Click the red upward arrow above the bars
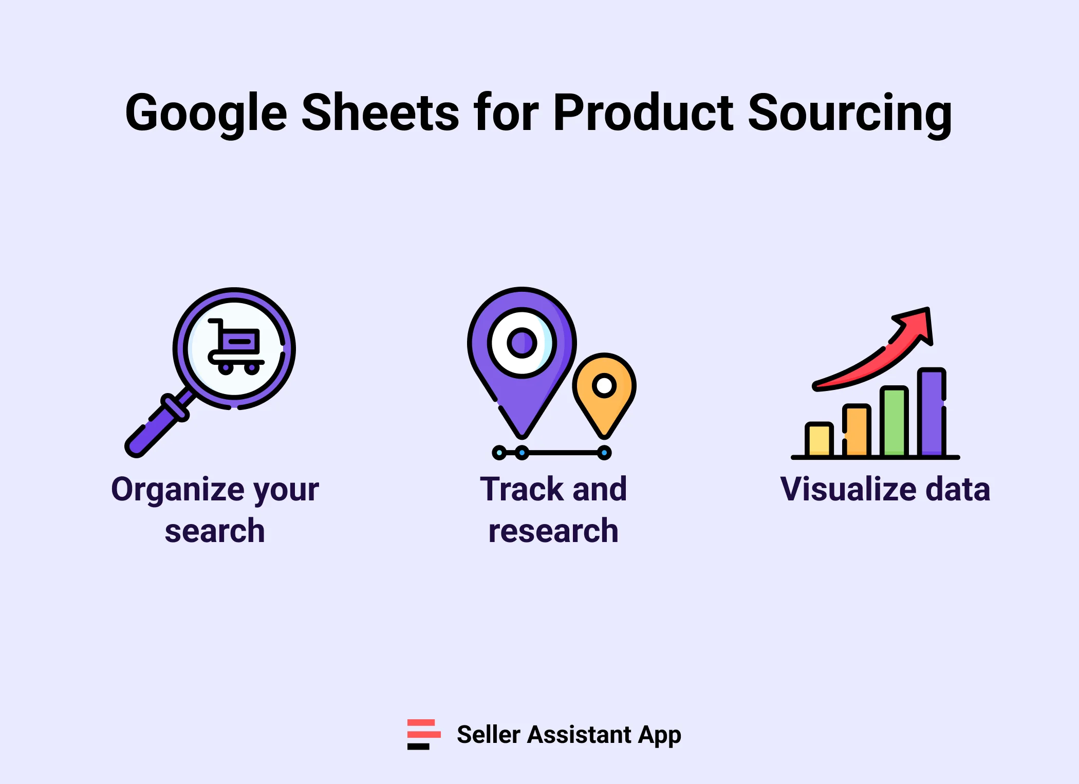(x=884, y=354)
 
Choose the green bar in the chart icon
(x=894, y=421)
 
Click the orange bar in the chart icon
(x=857, y=431)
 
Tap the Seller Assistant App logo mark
(x=423, y=734)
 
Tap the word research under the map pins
(x=553, y=531)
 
